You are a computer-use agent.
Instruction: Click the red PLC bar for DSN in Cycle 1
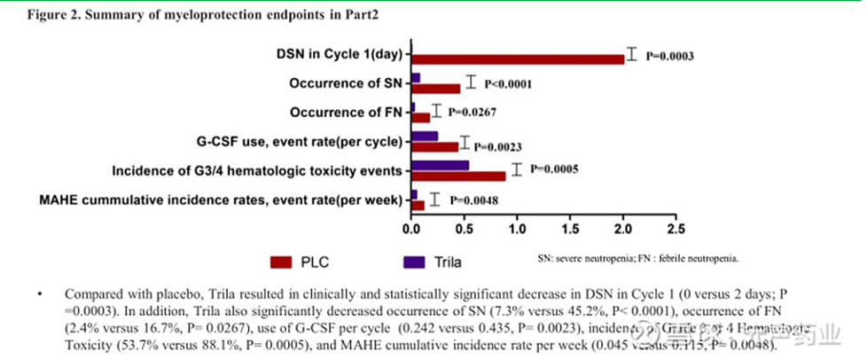point(518,59)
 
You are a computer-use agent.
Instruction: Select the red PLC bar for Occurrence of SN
point(435,89)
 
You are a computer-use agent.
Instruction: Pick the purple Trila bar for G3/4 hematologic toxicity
point(440,165)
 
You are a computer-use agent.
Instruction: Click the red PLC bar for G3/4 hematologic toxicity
point(457,176)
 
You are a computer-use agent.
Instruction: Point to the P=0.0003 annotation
point(669,55)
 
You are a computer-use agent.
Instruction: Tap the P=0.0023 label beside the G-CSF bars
point(499,146)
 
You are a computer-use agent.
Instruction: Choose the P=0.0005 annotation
point(554,168)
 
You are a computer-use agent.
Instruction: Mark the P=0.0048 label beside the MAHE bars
point(473,200)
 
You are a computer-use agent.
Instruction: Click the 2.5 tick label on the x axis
point(676,228)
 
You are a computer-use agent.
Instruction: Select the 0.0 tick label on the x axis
point(410,228)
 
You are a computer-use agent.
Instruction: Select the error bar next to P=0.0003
point(631,54)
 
